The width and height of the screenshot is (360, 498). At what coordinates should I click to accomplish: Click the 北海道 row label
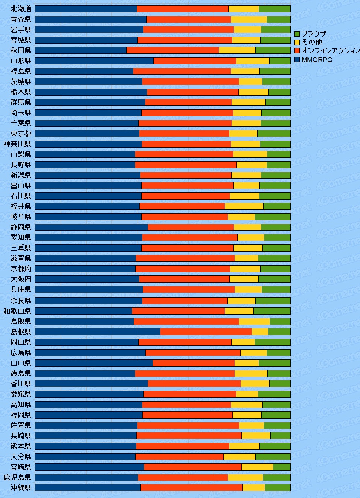click(21, 9)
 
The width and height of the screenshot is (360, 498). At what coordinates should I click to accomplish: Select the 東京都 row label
click(21, 133)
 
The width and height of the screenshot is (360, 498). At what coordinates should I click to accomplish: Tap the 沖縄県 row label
click(21, 487)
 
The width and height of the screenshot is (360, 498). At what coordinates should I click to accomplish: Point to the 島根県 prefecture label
click(21, 331)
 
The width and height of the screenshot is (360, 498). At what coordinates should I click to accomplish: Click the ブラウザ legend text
click(314, 34)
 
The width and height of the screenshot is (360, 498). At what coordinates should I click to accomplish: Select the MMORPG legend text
click(317, 60)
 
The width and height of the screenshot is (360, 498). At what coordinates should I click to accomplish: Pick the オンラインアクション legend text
click(330, 50)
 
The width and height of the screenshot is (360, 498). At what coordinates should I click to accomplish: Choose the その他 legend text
click(312, 42)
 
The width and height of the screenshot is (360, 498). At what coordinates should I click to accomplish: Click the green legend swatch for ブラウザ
click(297, 34)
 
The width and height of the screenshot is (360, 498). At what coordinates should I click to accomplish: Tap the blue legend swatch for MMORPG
click(297, 60)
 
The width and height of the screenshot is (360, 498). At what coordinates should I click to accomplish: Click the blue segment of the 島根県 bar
click(98, 331)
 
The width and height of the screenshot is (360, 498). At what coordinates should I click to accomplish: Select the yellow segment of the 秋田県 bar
click(237, 50)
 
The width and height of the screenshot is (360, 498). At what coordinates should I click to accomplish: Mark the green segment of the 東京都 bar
click(274, 133)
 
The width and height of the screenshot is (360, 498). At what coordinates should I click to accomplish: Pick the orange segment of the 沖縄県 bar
click(191, 487)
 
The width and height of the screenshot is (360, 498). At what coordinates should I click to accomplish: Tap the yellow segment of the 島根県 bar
click(260, 331)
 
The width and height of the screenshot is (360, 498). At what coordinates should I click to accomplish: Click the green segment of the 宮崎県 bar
click(282, 467)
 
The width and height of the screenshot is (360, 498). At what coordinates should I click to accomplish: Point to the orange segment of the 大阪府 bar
click(184, 279)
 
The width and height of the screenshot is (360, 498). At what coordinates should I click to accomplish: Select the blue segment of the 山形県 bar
click(94, 61)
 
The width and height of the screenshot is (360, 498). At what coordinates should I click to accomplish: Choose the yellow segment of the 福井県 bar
click(244, 206)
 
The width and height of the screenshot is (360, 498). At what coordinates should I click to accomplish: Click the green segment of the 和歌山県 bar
click(272, 311)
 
